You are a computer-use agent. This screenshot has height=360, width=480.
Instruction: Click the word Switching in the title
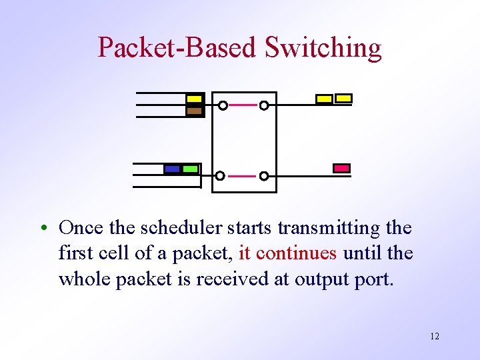323,47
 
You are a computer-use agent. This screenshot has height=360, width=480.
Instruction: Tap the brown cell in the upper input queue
194,111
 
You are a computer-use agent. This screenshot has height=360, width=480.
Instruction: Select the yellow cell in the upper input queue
194,99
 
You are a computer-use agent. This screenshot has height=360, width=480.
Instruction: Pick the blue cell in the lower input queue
172,169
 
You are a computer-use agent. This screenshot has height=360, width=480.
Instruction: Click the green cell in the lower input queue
190,169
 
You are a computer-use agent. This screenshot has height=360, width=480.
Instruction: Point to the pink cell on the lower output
341,168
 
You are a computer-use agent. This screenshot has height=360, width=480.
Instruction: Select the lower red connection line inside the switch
242,176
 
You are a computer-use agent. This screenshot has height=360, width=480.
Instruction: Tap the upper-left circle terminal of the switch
223,105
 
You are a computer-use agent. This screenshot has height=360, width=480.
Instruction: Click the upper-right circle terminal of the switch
264,105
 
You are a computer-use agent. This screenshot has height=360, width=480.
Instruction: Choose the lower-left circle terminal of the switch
220,176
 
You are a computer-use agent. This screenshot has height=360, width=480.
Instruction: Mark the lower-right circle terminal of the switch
264,176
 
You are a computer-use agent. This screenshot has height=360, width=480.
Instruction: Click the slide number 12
435,336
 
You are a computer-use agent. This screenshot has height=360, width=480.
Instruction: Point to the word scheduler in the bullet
179,228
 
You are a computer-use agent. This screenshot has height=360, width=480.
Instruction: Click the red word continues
306,253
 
